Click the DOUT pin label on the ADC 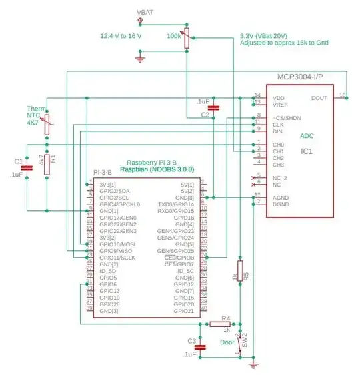(319, 97)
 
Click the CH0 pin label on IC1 (278, 145)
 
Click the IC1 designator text (306, 152)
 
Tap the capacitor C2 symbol (213, 107)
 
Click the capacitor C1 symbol (27, 168)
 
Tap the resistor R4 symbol (218, 324)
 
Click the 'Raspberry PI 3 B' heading (151, 163)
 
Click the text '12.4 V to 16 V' (121, 35)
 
